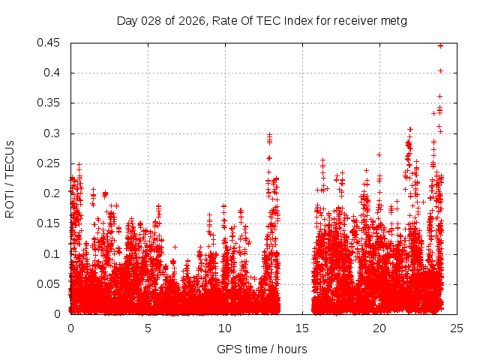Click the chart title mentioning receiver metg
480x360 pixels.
[x=262, y=21]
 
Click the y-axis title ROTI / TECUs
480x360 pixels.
[x=10, y=178]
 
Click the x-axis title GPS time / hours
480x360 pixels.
[x=262, y=349]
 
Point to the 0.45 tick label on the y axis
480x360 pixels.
[x=50, y=43]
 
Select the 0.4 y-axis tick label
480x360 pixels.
[x=53, y=73]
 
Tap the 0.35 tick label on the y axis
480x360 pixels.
[x=50, y=103]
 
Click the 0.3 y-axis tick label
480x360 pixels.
[x=53, y=133]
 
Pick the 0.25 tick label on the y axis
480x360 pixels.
[x=50, y=163]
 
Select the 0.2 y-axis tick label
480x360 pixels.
[x=53, y=193]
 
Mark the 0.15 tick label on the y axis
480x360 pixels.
[x=50, y=223]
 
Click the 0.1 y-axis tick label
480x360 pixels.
[x=53, y=253]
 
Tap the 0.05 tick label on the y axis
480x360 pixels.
[x=50, y=283]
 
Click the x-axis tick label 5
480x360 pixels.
[x=148, y=328]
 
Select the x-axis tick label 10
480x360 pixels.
[x=225, y=328]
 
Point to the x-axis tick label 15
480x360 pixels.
[x=302, y=328]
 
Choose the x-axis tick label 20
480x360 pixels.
[x=379, y=328]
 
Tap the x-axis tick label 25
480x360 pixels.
[x=457, y=328]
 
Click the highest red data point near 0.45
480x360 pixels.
[x=441, y=46]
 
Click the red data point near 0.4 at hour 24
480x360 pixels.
[x=441, y=71]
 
